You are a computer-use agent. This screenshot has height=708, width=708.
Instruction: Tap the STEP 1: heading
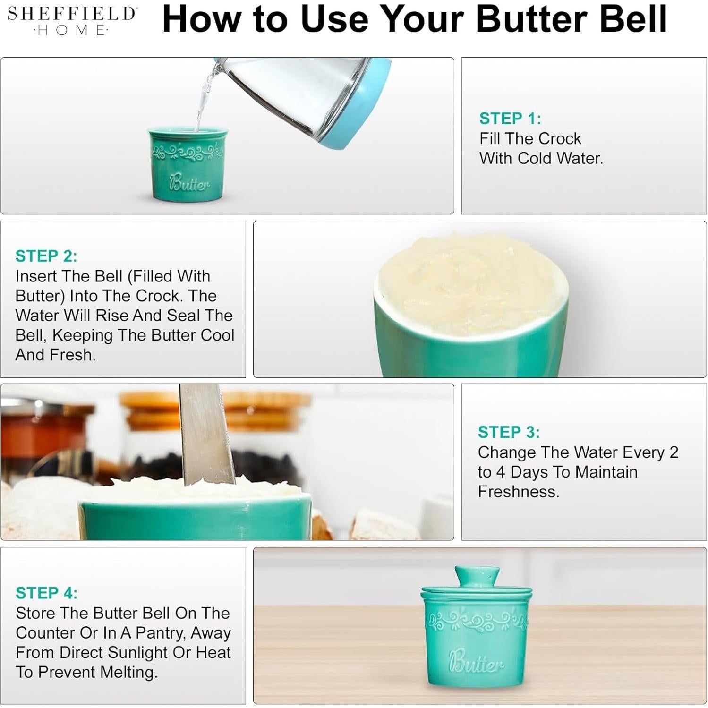pyautogui.click(x=510, y=119)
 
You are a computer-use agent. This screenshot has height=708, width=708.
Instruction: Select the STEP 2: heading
pyautogui.click(x=46, y=256)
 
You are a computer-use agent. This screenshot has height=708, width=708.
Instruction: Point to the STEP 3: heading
pyautogui.click(x=509, y=432)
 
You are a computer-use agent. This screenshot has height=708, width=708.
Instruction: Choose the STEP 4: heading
pyautogui.click(x=46, y=593)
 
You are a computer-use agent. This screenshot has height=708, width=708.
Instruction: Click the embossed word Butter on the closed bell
pyautogui.click(x=476, y=662)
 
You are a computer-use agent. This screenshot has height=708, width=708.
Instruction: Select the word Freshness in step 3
pyautogui.click(x=519, y=492)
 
